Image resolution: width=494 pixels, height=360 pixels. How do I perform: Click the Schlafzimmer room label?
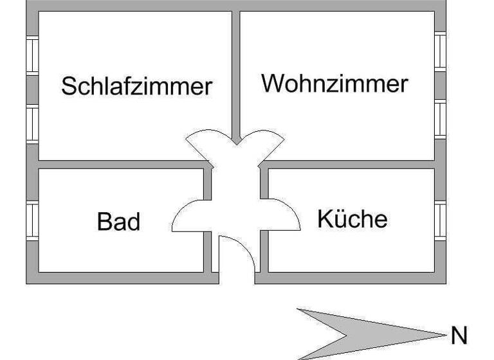click(136, 85)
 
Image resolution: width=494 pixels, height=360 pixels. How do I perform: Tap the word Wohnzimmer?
click(334, 84)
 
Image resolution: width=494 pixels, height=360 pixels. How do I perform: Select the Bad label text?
click(119, 222)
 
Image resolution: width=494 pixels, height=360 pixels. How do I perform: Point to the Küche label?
click(352, 219)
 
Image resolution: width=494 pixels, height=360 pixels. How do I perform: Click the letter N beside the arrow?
click(458, 336)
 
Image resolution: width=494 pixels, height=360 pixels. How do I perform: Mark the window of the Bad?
click(32, 220)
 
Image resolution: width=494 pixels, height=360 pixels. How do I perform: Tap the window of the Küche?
click(440, 220)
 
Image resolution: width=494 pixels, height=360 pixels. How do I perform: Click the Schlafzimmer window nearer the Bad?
click(32, 123)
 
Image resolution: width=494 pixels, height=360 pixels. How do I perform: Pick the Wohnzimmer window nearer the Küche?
click(440, 118)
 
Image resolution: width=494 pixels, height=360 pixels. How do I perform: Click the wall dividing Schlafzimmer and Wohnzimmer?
click(236, 71)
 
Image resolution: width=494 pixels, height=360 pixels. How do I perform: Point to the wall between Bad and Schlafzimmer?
click(122, 165)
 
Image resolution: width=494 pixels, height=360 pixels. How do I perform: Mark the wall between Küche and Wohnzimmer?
click(351, 165)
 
